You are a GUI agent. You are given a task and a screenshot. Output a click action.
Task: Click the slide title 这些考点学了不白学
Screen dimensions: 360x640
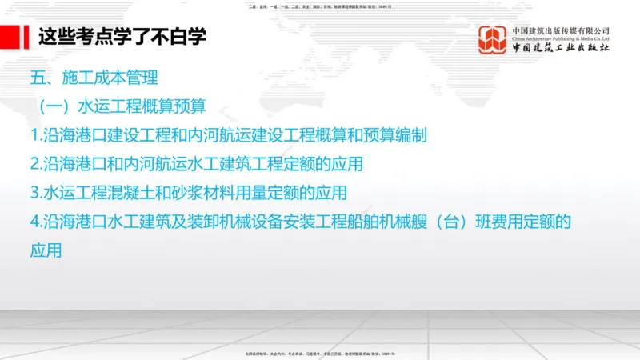122,37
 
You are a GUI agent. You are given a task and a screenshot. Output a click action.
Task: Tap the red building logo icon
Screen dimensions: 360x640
492,41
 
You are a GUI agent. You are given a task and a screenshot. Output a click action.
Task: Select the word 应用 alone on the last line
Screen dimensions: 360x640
46,250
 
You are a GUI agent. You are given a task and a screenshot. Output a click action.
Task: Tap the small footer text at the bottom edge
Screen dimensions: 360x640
320,353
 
